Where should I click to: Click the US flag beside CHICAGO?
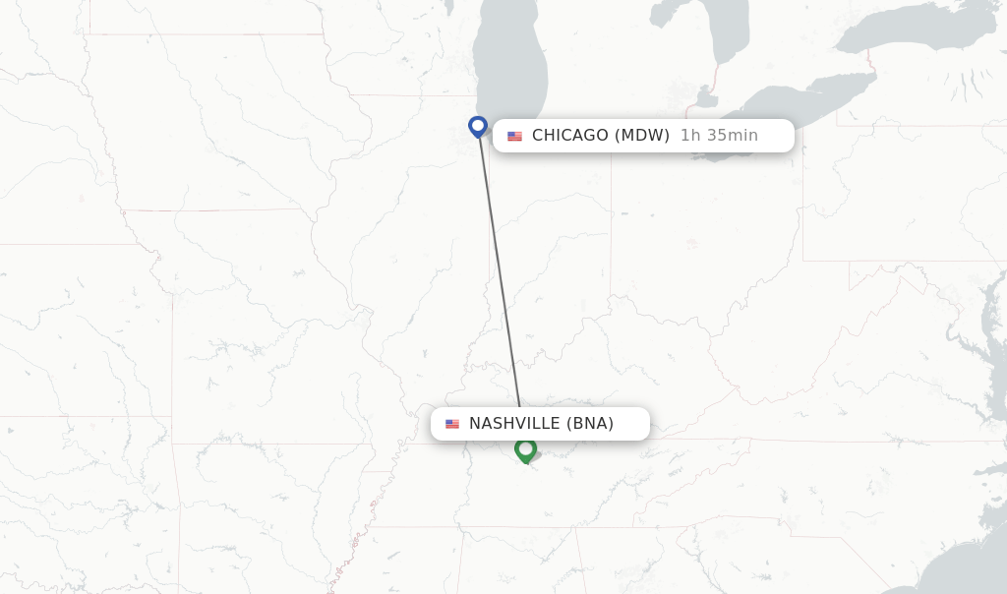point(514,136)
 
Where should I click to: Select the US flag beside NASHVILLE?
point(452,424)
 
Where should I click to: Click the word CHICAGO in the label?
point(570,136)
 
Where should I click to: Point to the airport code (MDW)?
point(642,136)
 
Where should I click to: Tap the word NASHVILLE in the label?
point(514,424)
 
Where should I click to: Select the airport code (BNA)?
point(590,424)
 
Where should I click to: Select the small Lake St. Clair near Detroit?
point(704,98)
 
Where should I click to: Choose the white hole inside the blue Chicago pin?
point(478,125)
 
